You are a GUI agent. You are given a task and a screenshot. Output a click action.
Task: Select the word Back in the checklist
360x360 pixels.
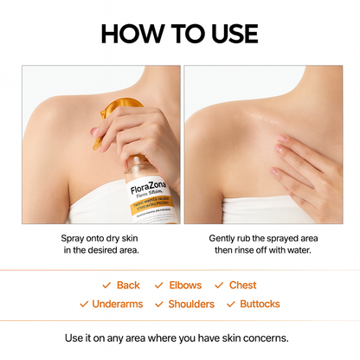click(x=128, y=285)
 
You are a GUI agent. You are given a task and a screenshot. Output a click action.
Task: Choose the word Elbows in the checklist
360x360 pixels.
click(x=185, y=285)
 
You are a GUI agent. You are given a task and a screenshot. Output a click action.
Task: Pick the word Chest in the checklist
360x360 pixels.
click(x=242, y=285)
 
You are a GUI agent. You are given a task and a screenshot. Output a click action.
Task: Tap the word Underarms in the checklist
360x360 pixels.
click(x=117, y=304)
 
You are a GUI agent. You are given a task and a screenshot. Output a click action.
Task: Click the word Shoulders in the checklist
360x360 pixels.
click(x=191, y=304)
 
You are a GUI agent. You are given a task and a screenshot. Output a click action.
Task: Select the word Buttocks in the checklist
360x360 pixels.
click(x=260, y=304)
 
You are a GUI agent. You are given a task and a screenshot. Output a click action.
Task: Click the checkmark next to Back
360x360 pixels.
click(x=106, y=285)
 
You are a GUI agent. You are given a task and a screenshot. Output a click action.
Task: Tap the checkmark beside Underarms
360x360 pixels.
click(x=84, y=304)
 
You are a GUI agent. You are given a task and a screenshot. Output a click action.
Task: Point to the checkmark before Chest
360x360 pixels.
click(x=220, y=285)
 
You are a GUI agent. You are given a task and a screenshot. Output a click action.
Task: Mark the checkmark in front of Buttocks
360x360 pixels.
click(x=231, y=304)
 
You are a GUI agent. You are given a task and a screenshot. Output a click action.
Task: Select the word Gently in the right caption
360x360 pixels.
click(x=226, y=237)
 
